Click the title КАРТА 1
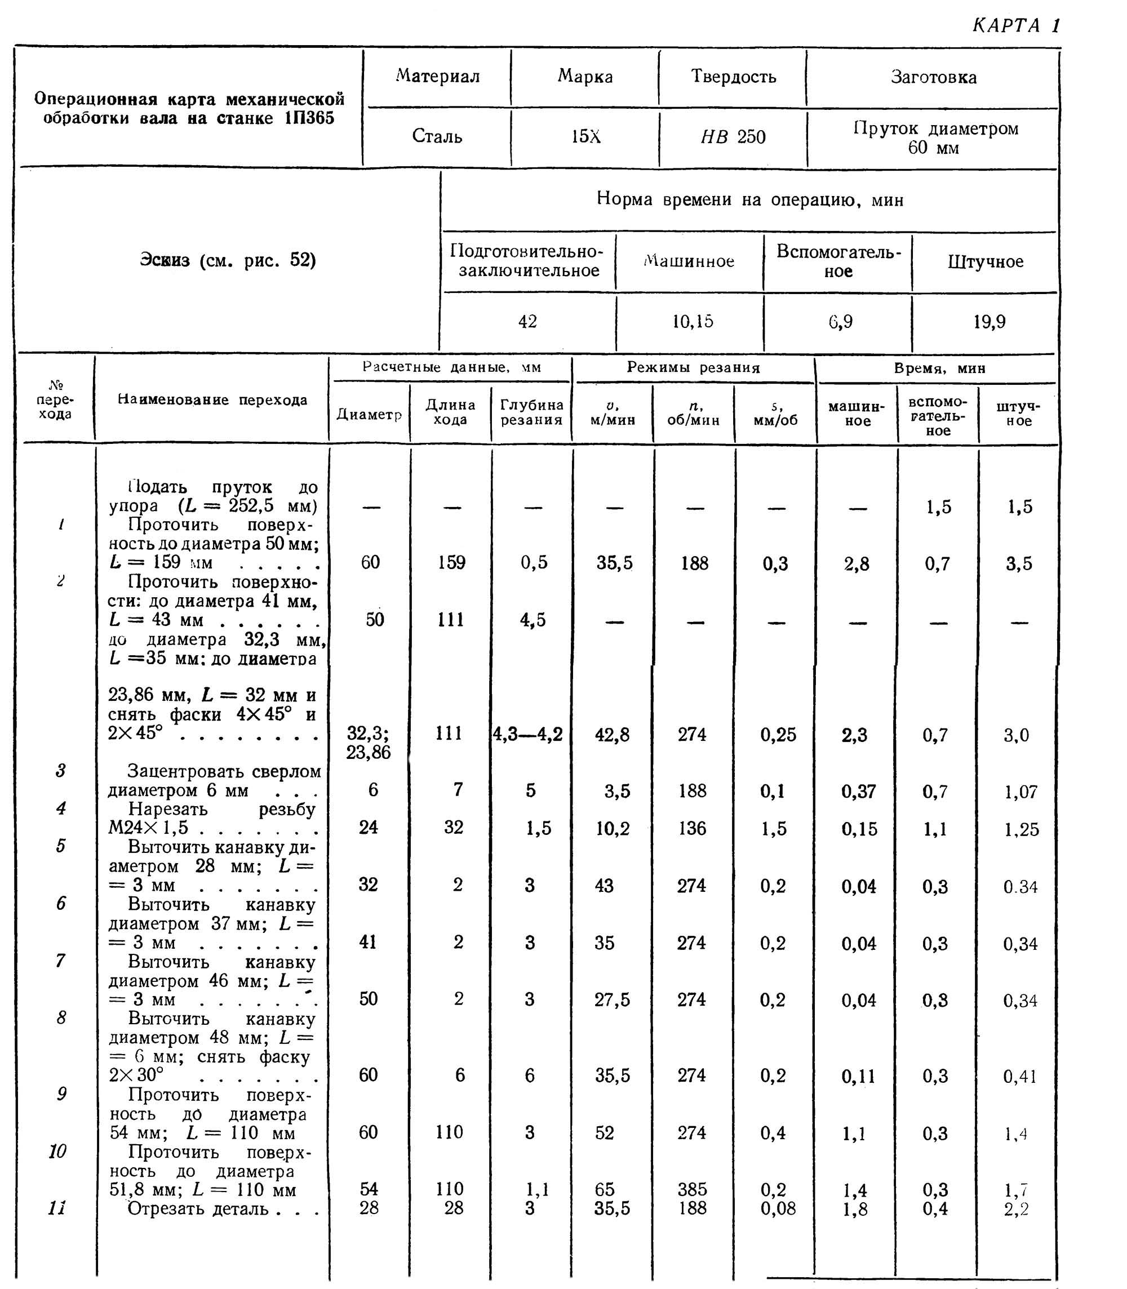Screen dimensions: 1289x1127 pos(1015,25)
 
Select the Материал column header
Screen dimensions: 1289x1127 pos(438,77)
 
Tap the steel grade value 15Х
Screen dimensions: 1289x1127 pos(585,136)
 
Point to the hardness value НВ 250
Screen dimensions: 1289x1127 pos(733,136)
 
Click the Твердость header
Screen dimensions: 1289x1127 pos(733,77)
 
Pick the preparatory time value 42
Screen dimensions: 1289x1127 pos(527,322)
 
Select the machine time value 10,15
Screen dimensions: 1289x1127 pos(693,322)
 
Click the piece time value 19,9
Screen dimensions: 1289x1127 pos(990,322)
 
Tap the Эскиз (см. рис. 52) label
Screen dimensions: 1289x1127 pos(228,260)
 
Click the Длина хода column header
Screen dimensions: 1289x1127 pos(450,412)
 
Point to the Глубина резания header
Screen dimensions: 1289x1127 pos(531,412)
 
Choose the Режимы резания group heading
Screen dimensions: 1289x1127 pos(693,368)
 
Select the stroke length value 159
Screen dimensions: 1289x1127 pos(451,562)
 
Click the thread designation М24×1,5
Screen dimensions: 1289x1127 pos(148,828)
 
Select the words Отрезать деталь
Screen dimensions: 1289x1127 pos(198,1208)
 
